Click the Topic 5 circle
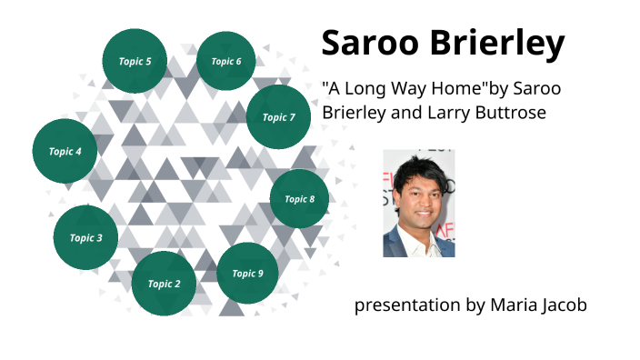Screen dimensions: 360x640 (x=135, y=61)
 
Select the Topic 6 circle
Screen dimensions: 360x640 (x=225, y=61)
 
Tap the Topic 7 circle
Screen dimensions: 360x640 (x=278, y=116)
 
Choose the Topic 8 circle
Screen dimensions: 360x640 (x=299, y=199)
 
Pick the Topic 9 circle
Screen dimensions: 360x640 (x=247, y=273)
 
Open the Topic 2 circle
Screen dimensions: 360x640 (x=164, y=284)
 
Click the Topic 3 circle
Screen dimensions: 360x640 (x=85, y=238)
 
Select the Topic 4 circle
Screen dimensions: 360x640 (x=65, y=151)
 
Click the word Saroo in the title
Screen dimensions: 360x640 (x=367, y=43)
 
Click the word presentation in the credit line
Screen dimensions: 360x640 (x=407, y=305)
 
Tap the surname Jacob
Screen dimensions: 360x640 (x=565, y=305)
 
